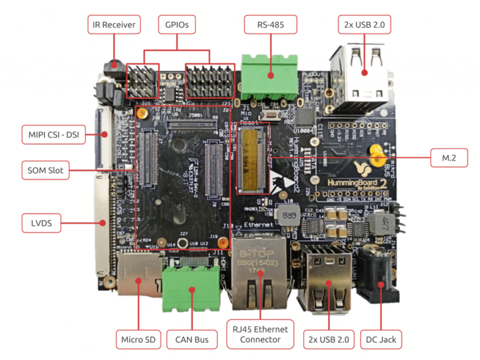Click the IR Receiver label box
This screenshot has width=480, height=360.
pyautogui.click(x=114, y=25)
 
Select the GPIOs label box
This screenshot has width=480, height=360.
pyautogui.click(x=177, y=25)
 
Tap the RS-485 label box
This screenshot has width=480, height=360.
pyautogui.click(x=270, y=25)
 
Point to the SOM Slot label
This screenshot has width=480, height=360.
pyautogui.click(x=45, y=170)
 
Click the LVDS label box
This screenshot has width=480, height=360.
pyautogui.click(x=41, y=223)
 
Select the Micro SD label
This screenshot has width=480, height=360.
pyautogui.click(x=139, y=340)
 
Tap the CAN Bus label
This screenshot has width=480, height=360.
pyautogui.click(x=193, y=340)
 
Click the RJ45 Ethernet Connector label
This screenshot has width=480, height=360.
pyautogui.click(x=260, y=334)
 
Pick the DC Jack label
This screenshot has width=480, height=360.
pyautogui.click(x=381, y=340)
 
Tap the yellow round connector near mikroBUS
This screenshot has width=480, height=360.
pyautogui.click(x=374, y=151)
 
